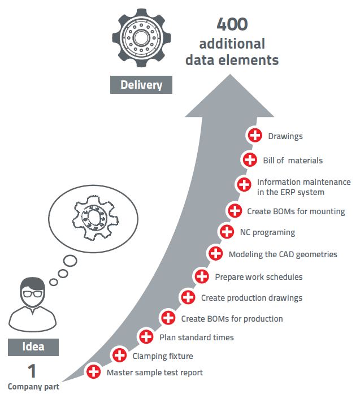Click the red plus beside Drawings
pyautogui.click(x=255, y=136)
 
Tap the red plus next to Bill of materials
pyautogui.click(x=249, y=160)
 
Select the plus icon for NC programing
pyautogui.click(x=227, y=232)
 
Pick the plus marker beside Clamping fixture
pyautogui.click(x=119, y=356)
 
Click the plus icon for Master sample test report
pyautogui.click(x=94, y=372)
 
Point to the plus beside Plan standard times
pyautogui.click(x=146, y=337)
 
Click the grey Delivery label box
pyautogui.click(x=141, y=85)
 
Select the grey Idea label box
pyautogui.click(x=33, y=347)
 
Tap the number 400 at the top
pyautogui.click(x=232, y=25)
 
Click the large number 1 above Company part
pyautogui.click(x=32, y=371)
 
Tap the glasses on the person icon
pyautogui.click(x=32, y=295)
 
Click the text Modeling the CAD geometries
pyautogui.click(x=283, y=254)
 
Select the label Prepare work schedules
pyautogui.click(x=258, y=277)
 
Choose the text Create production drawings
pyautogui.click(x=251, y=298)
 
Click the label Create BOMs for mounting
pyautogui.click(x=296, y=211)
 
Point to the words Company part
pyautogui.click(x=33, y=387)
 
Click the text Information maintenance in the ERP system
pyautogui.click(x=303, y=187)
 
